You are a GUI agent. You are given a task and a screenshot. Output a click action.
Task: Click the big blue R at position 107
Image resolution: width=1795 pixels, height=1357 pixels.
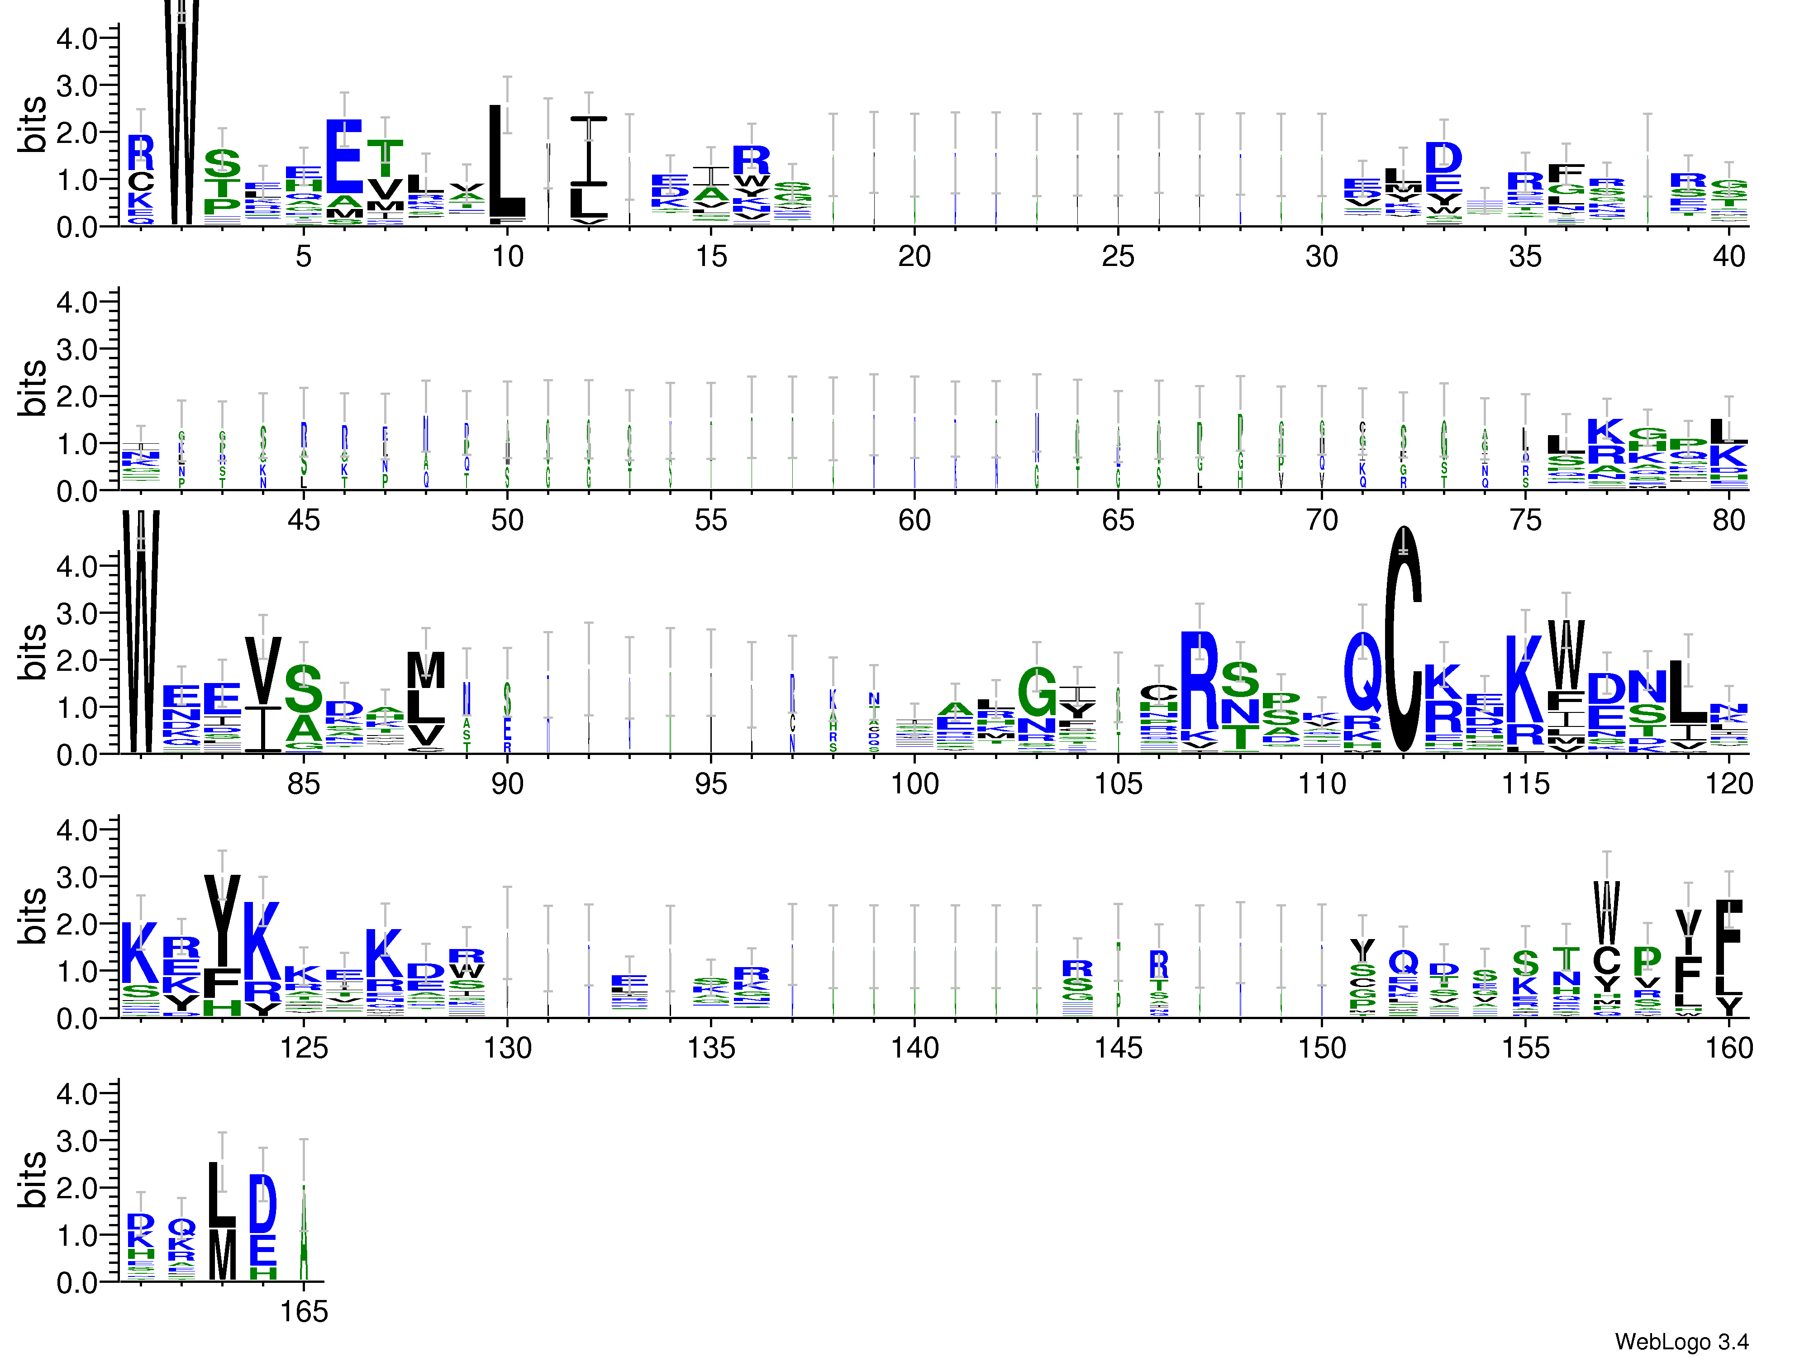[1200, 681]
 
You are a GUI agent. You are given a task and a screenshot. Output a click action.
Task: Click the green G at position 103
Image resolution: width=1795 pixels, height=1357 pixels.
[1037, 692]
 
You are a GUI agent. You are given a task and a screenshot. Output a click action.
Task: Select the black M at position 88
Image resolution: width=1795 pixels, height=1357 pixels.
[426, 670]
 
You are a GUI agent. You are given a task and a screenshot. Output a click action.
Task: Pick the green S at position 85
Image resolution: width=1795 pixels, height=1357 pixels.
[304, 688]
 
